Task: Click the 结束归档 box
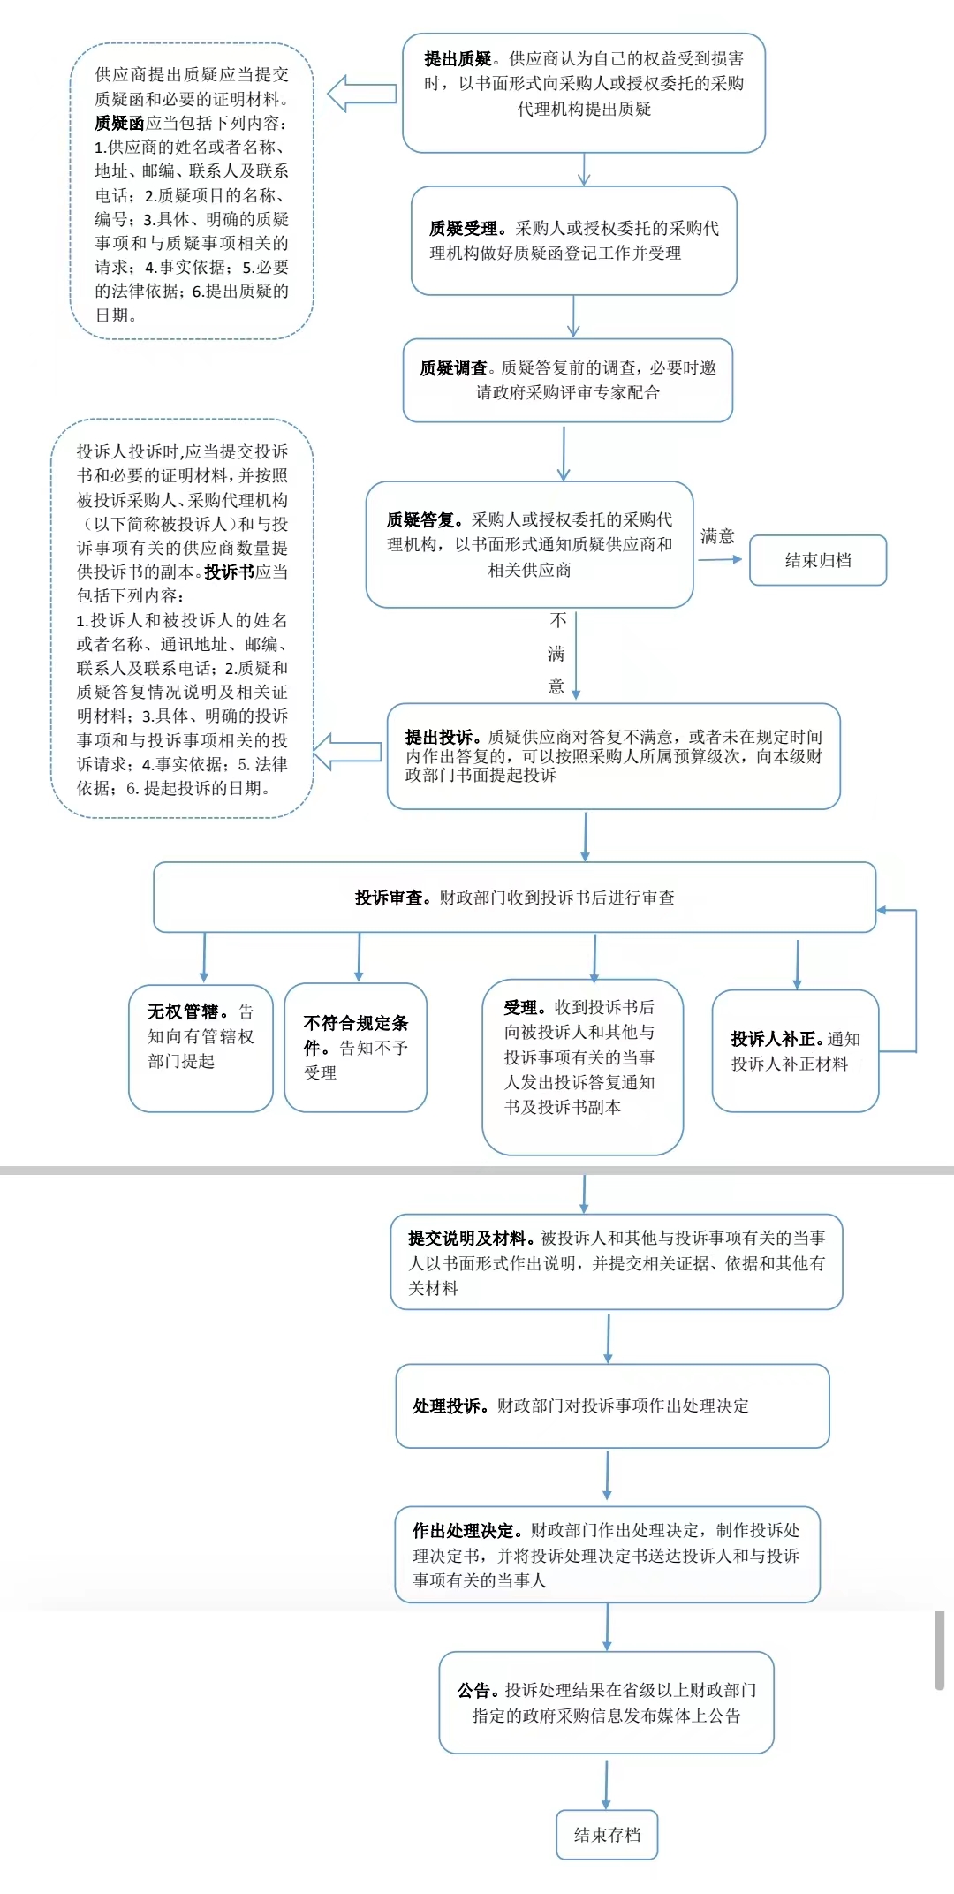point(818,560)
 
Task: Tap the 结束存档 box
point(607,1835)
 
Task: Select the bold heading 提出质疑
point(458,59)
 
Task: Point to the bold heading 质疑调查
point(453,368)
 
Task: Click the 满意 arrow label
point(717,536)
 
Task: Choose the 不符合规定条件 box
point(356,1047)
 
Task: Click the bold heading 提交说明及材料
point(470,1239)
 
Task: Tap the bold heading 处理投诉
point(449,1406)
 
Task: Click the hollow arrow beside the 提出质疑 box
point(362,94)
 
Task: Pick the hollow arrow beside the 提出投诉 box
point(348,752)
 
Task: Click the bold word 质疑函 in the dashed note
point(119,124)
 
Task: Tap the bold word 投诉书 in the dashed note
point(229,572)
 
